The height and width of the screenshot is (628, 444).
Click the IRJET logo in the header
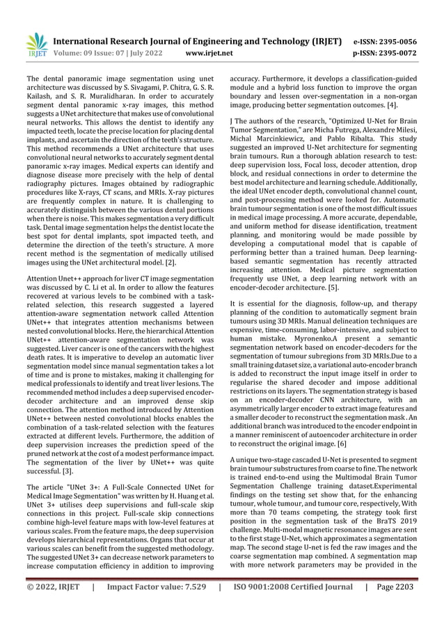pyautogui.click(x=35, y=45)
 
